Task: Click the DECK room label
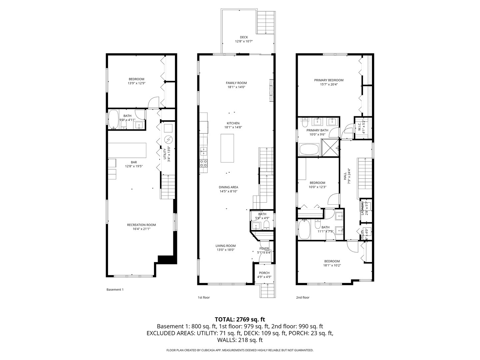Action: click(244, 37)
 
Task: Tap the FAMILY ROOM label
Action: click(236, 83)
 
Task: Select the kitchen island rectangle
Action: click(227, 148)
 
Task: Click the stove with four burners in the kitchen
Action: click(203, 163)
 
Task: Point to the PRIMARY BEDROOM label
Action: click(329, 80)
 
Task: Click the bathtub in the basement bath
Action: click(114, 119)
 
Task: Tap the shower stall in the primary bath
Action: click(329, 147)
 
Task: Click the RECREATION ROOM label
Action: click(141, 225)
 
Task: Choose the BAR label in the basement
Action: click(129, 162)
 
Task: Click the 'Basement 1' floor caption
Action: click(115, 290)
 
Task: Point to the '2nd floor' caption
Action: click(303, 297)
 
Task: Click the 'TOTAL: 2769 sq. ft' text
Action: click(240, 319)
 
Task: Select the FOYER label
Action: click(264, 248)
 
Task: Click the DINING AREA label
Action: click(228, 187)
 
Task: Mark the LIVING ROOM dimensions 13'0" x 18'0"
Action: click(226, 250)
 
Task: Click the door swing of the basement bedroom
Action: click(154, 103)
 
